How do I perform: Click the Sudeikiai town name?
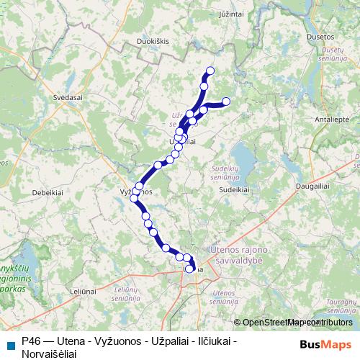pos(235,190)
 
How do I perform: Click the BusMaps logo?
pos(325,343)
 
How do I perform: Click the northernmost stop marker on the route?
pos(211,71)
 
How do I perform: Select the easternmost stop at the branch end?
pos(226,102)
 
